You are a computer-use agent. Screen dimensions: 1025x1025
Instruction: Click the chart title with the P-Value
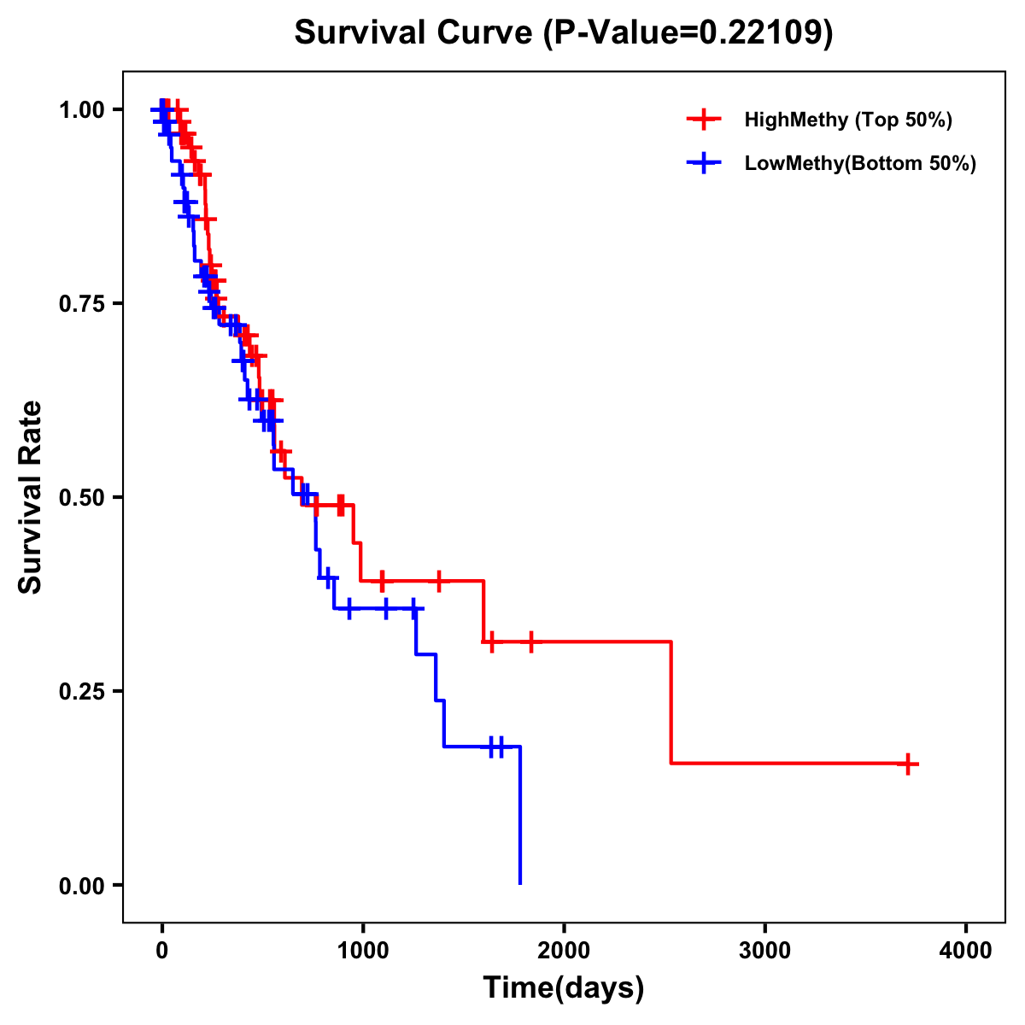[563, 33]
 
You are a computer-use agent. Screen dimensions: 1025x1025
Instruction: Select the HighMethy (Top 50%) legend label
[847, 120]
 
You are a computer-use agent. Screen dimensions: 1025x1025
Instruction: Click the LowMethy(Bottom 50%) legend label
[860, 163]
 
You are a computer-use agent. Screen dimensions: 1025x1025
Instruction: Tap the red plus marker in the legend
[703, 120]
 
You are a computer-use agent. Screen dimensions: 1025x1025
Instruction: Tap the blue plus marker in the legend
[703, 163]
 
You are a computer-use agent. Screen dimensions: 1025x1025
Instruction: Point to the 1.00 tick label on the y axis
[81, 109]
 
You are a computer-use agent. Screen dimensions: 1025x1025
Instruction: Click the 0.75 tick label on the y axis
[81, 303]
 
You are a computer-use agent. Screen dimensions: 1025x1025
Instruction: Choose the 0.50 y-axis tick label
[81, 497]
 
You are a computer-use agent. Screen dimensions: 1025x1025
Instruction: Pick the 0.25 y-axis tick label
[81, 691]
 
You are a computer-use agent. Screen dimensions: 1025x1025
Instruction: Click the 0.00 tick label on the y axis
[81, 885]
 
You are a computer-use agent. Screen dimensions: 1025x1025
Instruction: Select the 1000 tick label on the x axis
[362, 950]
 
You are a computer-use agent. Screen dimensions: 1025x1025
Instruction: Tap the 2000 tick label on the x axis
[564, 950]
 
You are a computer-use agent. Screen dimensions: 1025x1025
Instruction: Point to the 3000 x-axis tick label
[764, 950]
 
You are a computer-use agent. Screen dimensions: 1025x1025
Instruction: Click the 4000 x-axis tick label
[966, 950]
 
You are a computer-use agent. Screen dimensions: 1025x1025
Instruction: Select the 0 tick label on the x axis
[161, 950]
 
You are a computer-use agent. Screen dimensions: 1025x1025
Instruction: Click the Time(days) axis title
[563, 988]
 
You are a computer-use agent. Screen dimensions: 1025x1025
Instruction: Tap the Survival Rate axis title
[31, 497]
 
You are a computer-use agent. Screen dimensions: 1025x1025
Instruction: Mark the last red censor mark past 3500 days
[909, 764]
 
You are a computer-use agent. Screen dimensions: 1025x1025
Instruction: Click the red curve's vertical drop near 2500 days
[671, 702]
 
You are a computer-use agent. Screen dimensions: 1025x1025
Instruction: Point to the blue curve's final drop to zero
[519, 816]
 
